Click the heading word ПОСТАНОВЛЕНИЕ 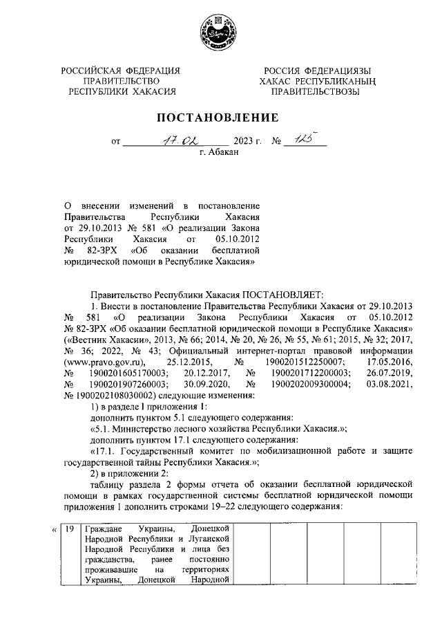tap(220, 117)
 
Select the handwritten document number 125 tap(302, 141)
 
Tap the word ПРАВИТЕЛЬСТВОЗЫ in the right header tap(315, 91)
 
